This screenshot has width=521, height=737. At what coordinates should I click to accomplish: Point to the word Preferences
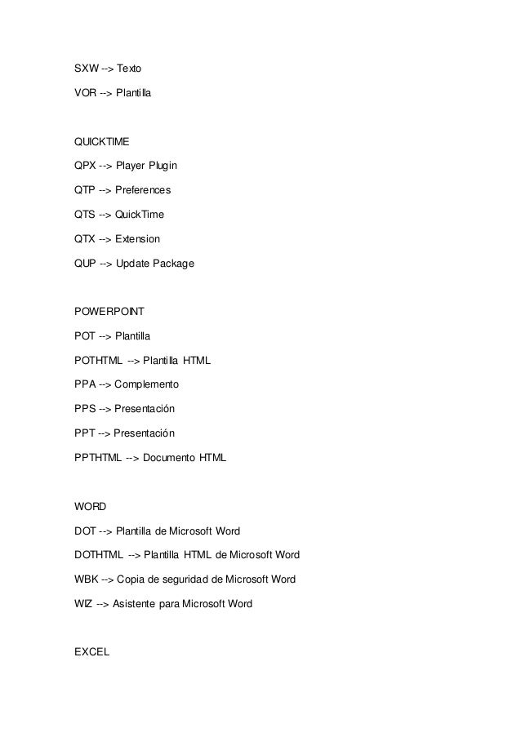[143, 191]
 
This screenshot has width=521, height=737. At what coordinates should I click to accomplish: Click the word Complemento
[146, 384]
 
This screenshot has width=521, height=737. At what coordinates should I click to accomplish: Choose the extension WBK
[86, 579]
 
